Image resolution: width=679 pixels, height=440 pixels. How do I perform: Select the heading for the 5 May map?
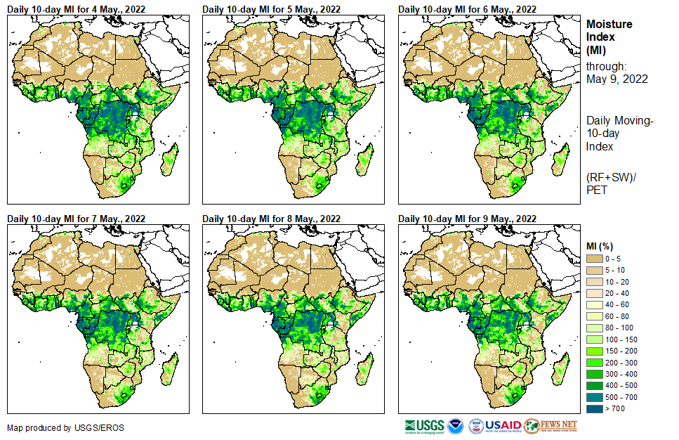pos(271,8)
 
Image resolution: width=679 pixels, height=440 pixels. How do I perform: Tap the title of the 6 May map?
pos(467,8)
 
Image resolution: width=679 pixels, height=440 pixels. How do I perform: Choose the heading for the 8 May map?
pos(271,219)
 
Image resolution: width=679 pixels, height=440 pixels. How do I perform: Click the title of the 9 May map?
pos(467,219)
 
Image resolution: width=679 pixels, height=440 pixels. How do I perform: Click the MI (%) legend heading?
pos(602,246)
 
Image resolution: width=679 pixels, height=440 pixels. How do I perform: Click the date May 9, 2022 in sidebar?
pos(617,79)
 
